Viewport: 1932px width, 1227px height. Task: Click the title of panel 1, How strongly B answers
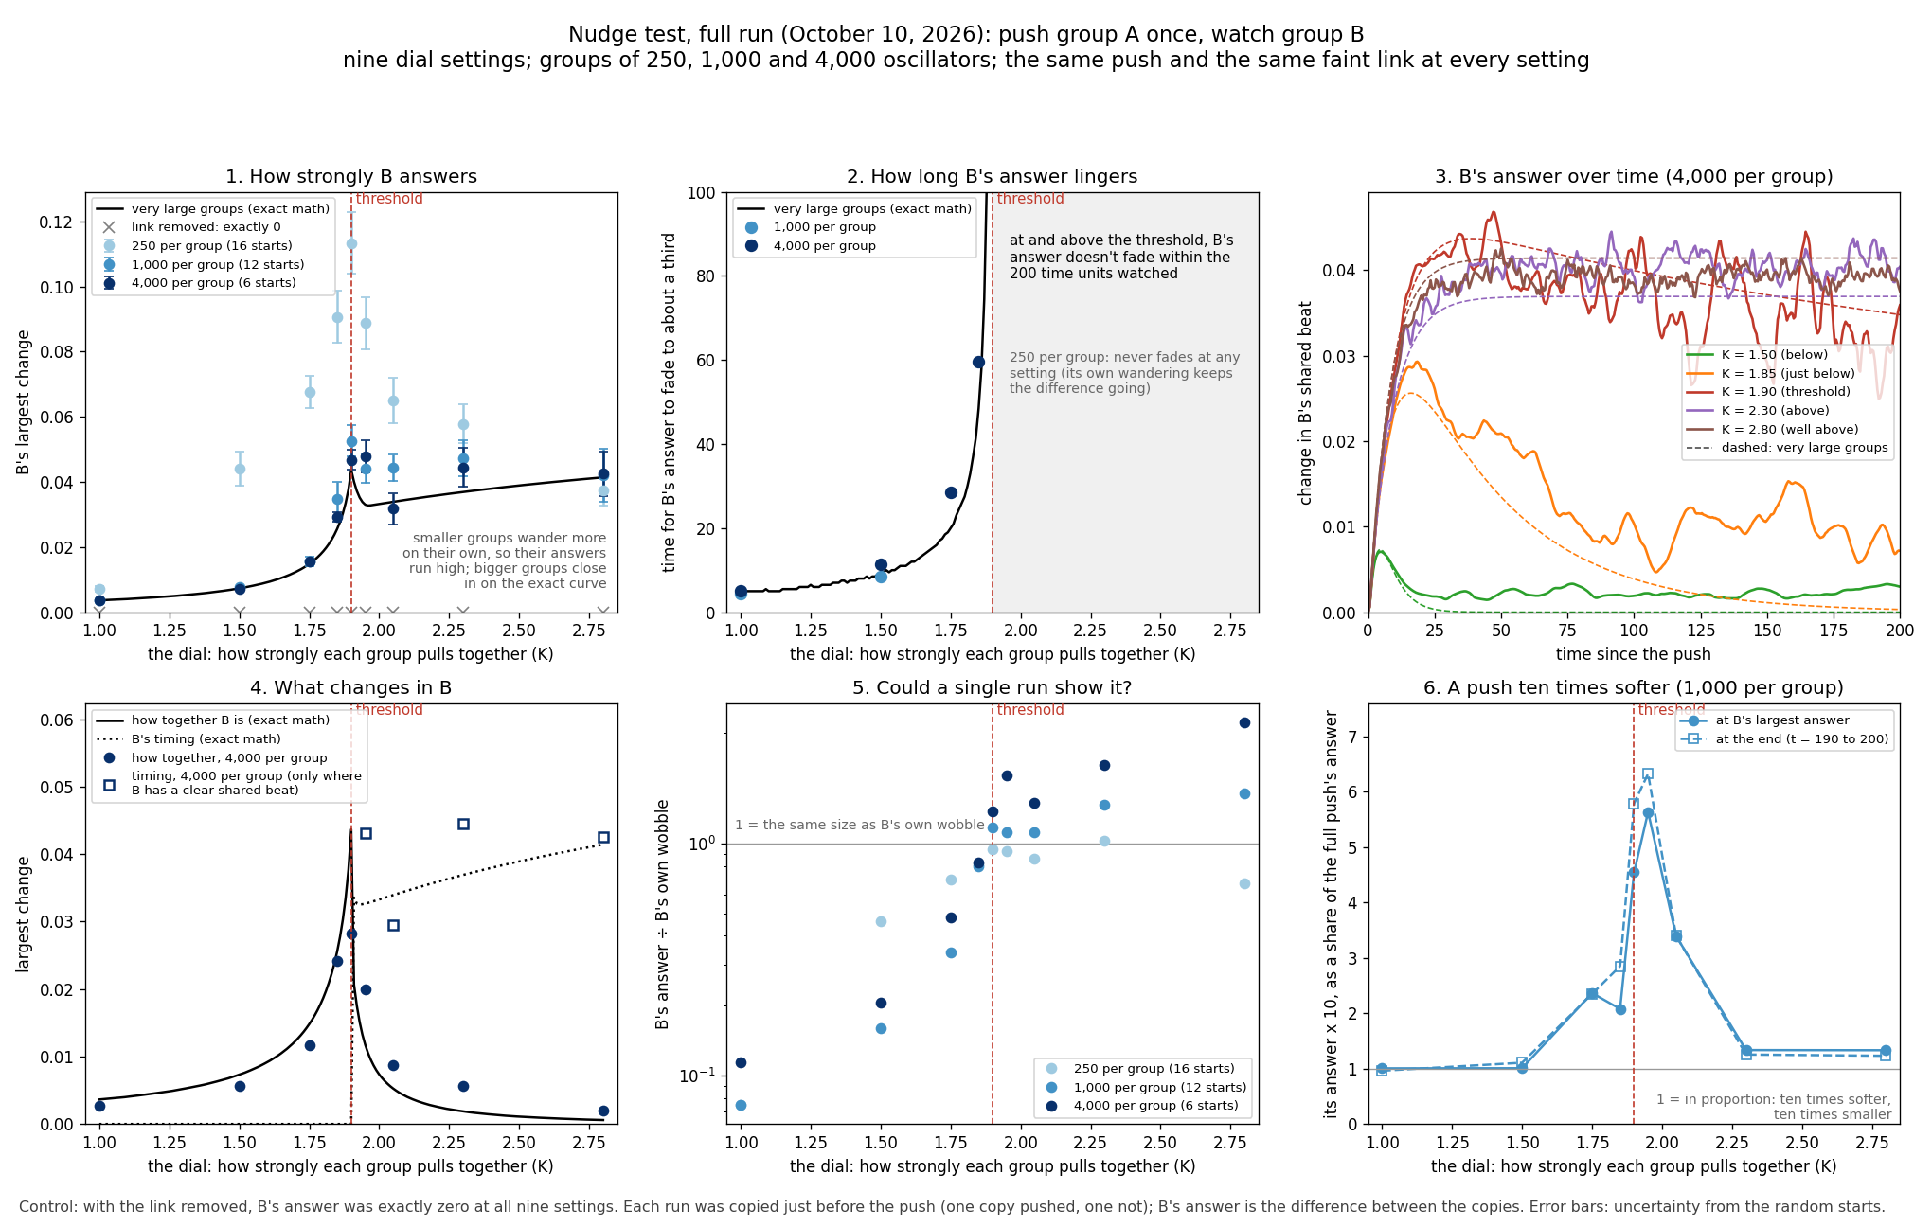(x=351, y=177)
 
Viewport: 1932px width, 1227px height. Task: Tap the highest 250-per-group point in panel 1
(x=351, y=243)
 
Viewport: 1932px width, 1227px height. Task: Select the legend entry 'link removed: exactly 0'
(x=206, y=227)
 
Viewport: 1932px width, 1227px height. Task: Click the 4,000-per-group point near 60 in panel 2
(x=978, y=362)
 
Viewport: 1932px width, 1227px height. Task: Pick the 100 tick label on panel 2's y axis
(x=701, y=193)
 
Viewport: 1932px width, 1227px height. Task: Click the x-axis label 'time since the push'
(x=1634, y=654)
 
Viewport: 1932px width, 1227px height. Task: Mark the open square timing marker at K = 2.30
(x=463, y=824)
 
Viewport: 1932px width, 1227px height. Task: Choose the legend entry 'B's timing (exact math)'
(x=206, y=739)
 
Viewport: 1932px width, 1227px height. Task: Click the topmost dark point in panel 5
(x=1244, y=722)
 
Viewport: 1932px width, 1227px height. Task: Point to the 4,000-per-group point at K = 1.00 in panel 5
(x=741, y=1062)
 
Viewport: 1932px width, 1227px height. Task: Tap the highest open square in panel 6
(x=1648, y=774)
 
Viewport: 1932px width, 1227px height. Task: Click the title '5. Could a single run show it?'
(x=992, y=688)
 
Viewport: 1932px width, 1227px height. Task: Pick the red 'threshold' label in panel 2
(x=1030, y=199)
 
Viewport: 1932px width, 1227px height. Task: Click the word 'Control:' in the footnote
(x=46, y=1207)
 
